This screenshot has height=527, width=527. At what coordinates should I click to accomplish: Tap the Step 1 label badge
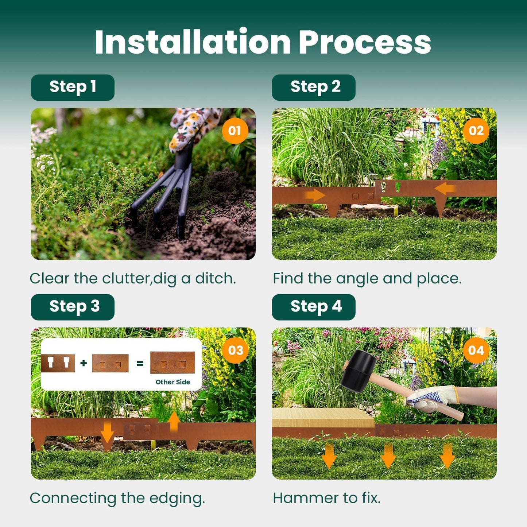point(73,88)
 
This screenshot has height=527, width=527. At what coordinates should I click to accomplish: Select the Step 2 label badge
point(314,88)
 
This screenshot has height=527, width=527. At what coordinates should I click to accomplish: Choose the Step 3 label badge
point(73,307)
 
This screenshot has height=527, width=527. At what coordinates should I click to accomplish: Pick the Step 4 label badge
point(314,307)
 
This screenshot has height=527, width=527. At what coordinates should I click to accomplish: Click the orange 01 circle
point(235,131)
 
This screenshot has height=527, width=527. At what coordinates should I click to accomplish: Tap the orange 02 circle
point(476,131)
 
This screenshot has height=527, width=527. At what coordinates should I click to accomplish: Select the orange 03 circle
point(235,350)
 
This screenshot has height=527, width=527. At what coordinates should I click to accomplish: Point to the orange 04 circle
point(476,350)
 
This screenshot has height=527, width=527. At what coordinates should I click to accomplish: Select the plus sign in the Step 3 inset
point(84,363)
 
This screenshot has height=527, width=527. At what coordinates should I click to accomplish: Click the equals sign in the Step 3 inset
point(140,363)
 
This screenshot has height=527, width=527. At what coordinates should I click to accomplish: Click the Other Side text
point(173,382)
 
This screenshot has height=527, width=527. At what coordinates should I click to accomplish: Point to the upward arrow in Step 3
point(174,421)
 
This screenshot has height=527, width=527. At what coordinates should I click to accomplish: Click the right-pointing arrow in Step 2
point(314,195)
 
